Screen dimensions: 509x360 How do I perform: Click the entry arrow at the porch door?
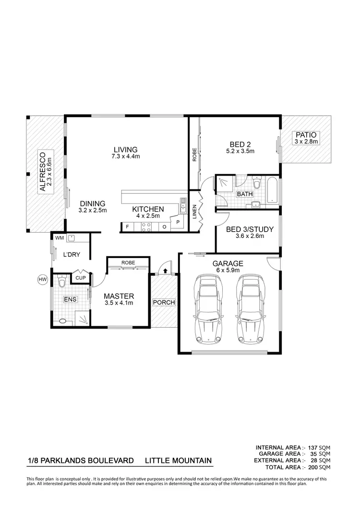[165, 271]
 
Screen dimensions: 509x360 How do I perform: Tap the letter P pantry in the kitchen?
[177, 223]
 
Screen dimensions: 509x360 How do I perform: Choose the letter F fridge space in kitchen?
[127, 226]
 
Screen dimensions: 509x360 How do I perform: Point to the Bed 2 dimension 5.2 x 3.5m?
[240, 151]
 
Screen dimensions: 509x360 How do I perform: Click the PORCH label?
[164, 303]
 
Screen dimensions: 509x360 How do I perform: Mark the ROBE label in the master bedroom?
[128, 263]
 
